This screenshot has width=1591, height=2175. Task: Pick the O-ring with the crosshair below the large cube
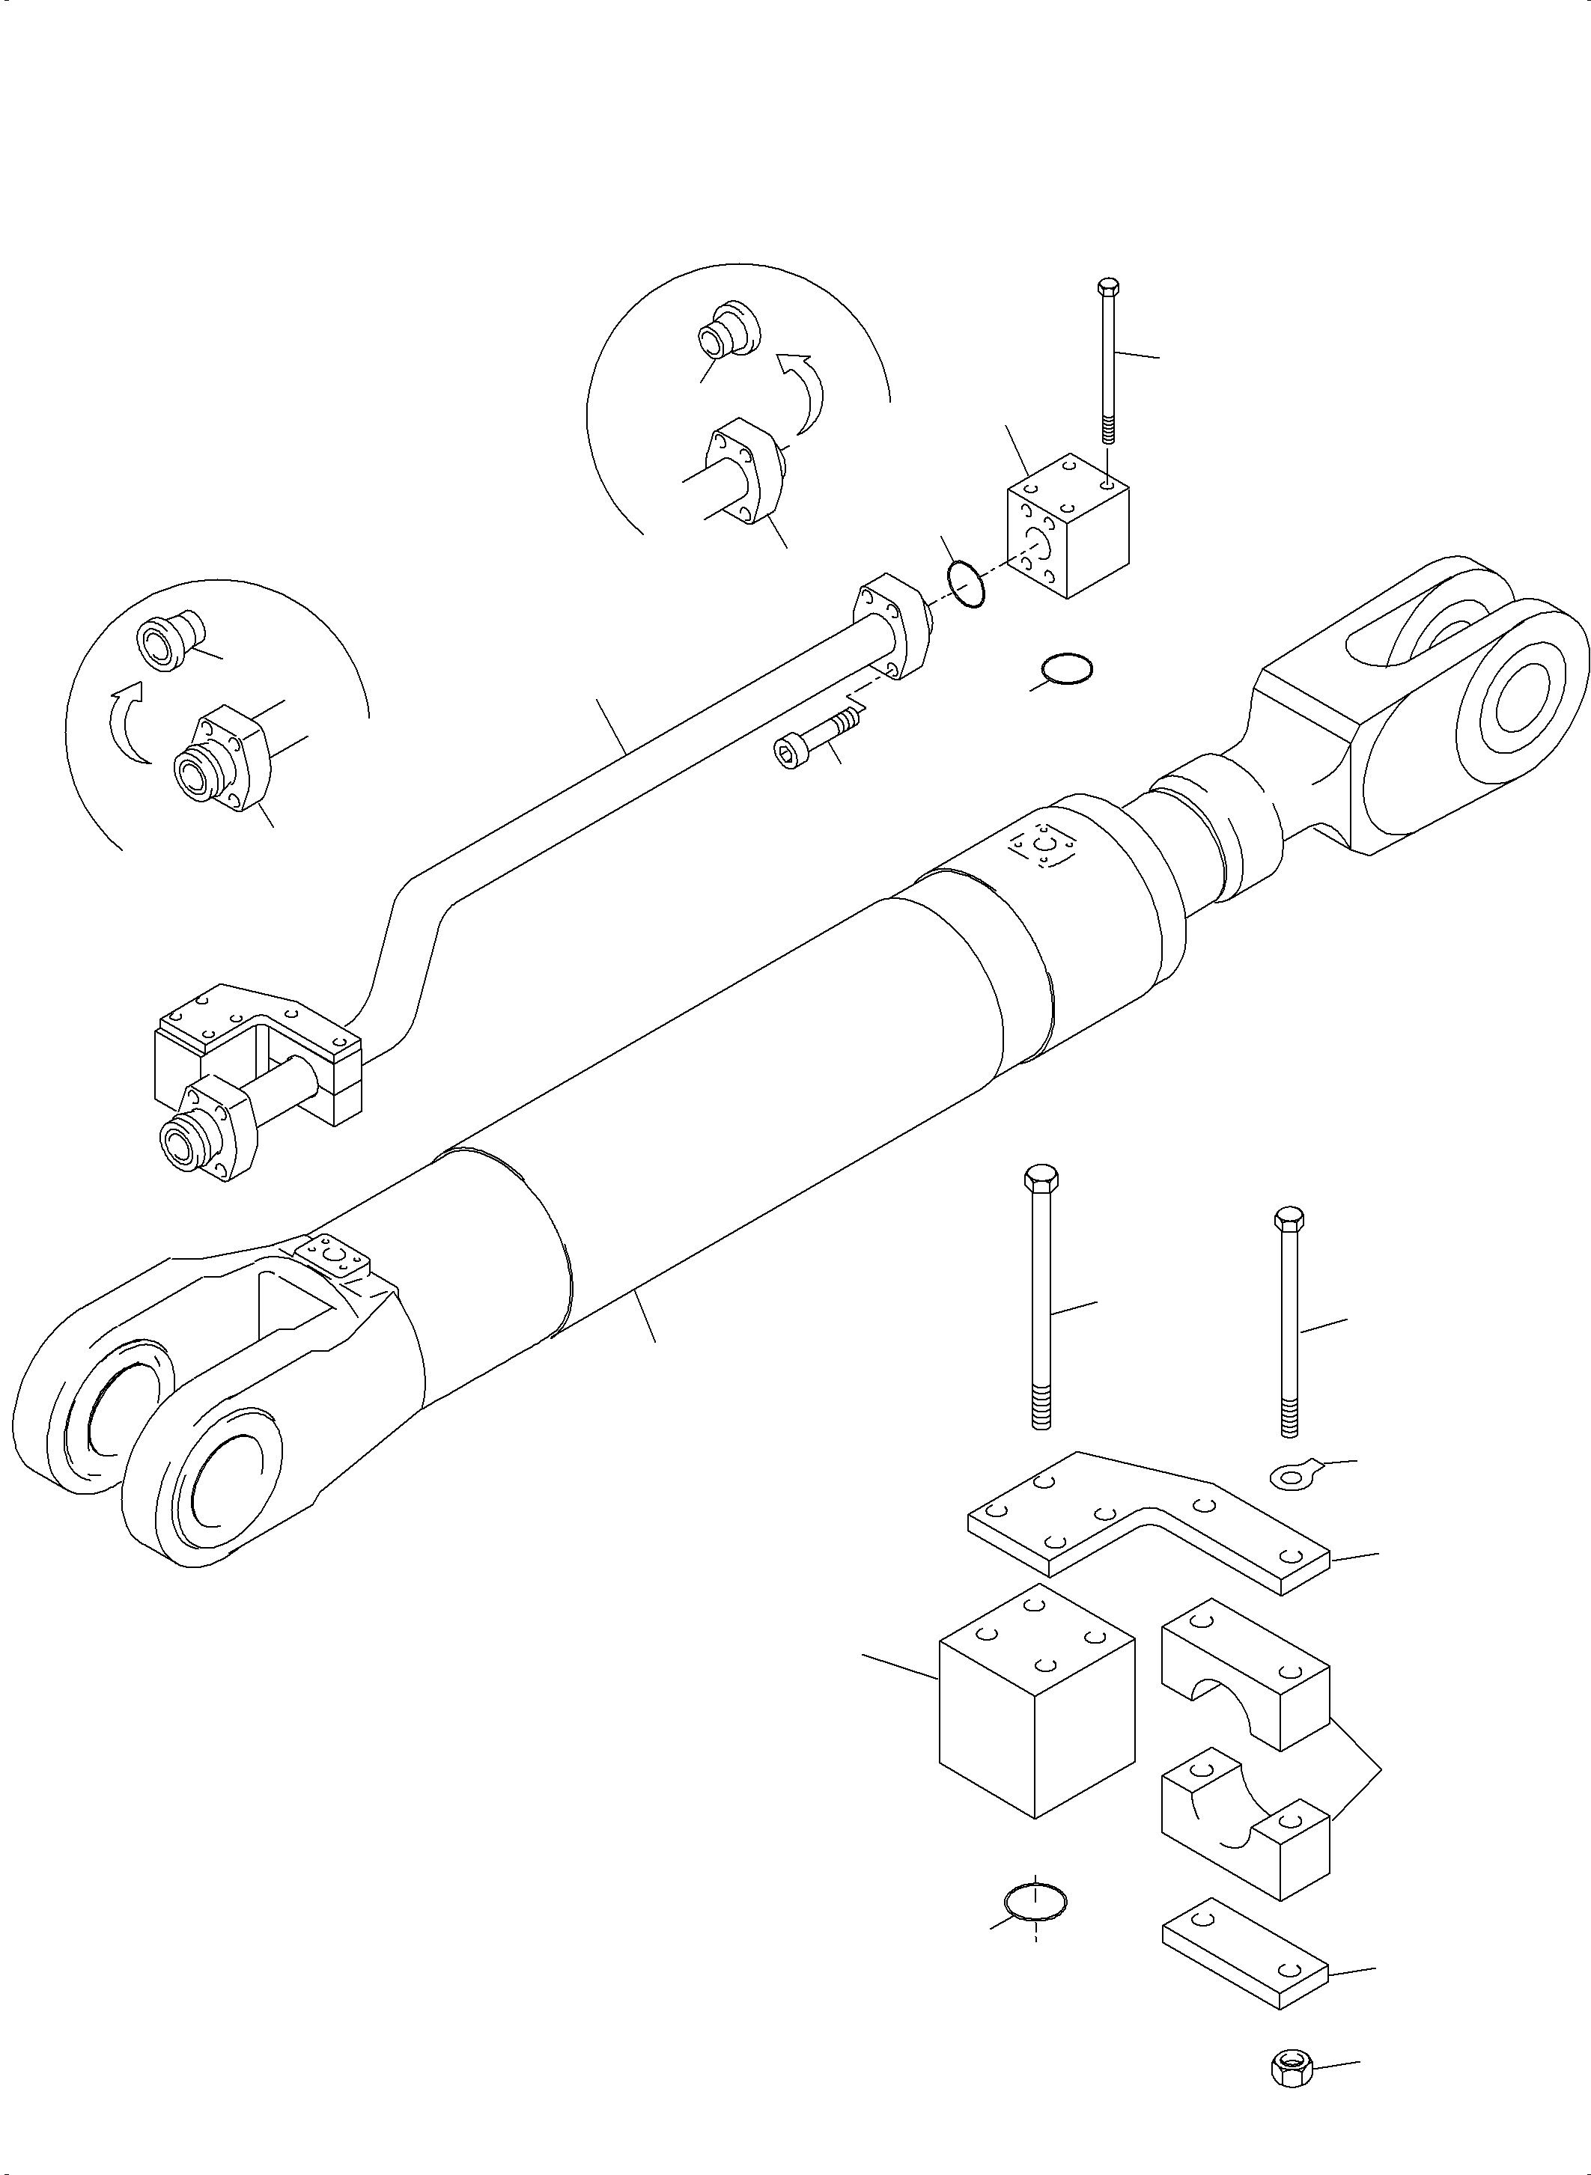tap(1035, 1903)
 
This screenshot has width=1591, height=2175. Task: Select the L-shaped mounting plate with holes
tap(1146, 1540)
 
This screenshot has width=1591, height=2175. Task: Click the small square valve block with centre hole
tap(1067, 539)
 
